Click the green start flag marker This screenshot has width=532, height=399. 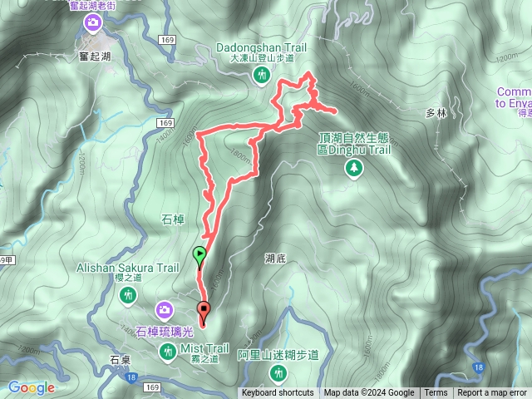point(199,255)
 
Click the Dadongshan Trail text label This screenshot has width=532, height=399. point(262,48)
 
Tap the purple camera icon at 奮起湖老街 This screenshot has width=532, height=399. point(92,22)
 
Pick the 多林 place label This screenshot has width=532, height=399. point(436,112)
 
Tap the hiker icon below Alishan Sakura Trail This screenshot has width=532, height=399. point(128,296)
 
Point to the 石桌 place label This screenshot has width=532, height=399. point(121,361)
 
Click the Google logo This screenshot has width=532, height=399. point(32,387)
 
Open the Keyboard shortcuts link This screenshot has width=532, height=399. point(278,393)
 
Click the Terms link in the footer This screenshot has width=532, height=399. point(435,393)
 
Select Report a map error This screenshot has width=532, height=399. point(492,393)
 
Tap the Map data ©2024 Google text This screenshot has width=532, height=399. point(369,393)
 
